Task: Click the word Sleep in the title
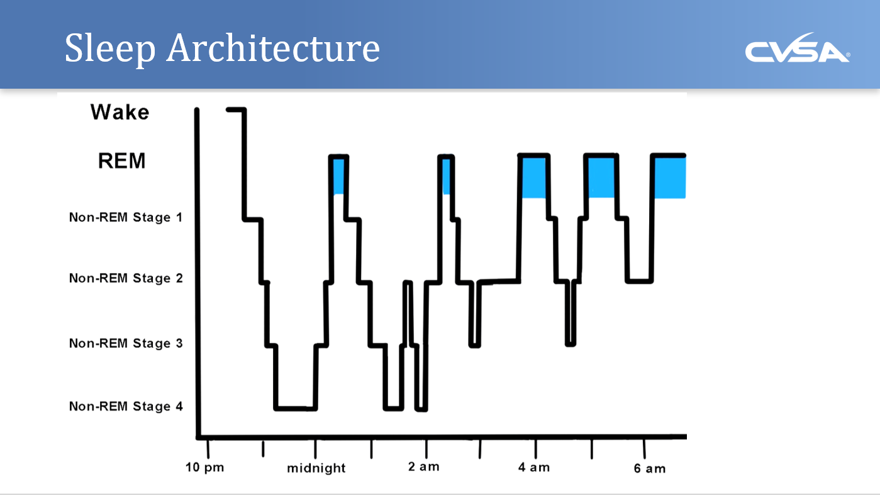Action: tap(109, 49)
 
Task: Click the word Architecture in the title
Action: tap(273, 49)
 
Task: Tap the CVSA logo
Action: tap(797, 50)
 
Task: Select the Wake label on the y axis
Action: tap(120, 113)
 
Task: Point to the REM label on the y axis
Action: tap(121, 161)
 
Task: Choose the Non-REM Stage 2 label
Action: tap(126, 278)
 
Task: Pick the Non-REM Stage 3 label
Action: tap(126, 343)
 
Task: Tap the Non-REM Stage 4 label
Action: tap(126, 406)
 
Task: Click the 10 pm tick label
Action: tap(204, 468)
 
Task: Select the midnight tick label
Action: tap(316, 469)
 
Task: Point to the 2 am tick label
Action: tap(425, 467)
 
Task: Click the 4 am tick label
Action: tap(534, 467)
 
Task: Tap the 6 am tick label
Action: tap(650, 469)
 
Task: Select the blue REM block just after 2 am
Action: tap(447, 175)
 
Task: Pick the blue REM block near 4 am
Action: tap(534, 178)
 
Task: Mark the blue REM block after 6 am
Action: tap(670, 178)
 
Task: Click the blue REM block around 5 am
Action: tap(601, 178)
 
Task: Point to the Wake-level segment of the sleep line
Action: tap(236, 109)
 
